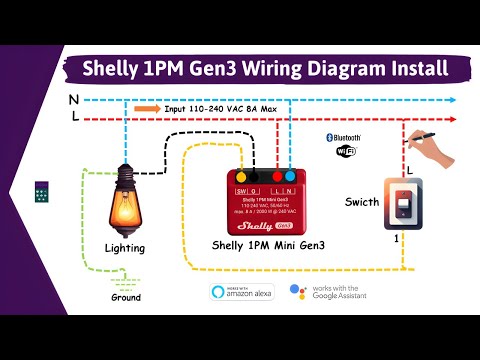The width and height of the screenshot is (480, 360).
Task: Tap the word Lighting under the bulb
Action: click(x=125, y=247)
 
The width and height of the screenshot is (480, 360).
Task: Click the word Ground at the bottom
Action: click(x=126, y=297)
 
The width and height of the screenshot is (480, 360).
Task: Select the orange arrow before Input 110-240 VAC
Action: click(x=147, y=109)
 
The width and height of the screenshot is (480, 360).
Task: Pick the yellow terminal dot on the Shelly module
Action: click(x=240, y=174)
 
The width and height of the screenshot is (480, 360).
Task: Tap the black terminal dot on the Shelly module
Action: click(x=256, y=174)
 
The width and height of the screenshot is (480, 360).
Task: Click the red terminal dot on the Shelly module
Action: click(x=274, y=174)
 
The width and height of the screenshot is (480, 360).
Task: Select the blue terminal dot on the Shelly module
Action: click(x=290, y=174)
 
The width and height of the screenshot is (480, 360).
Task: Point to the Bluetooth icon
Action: click(x=345, y=137)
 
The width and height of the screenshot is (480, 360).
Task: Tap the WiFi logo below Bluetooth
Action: click(x=345, y=153)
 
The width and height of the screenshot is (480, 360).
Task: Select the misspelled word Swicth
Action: click(x=361, y=202)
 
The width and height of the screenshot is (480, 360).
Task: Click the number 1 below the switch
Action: click(x=397, y=240)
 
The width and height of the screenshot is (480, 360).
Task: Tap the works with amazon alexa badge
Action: click(x=242, y=291)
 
